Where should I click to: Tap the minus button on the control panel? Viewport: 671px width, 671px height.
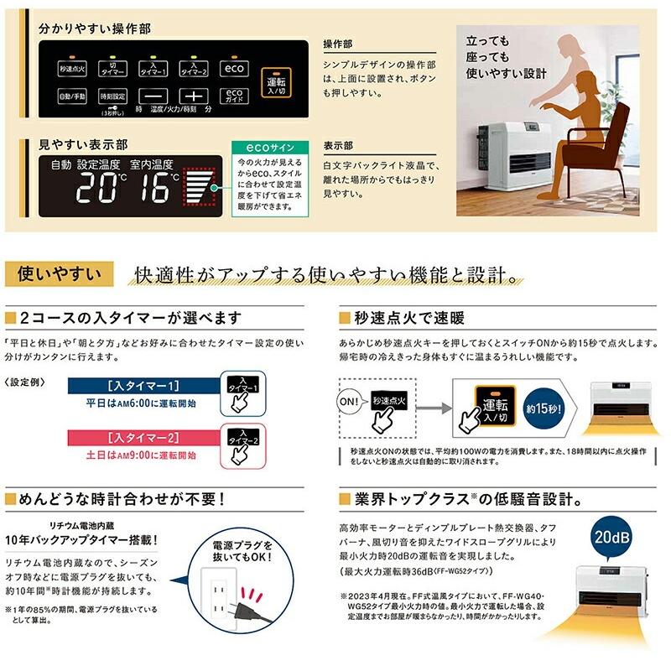(159, 96)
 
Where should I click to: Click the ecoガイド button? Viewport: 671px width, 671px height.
(235, 96)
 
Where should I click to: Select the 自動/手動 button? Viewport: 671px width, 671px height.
(71, 96)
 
